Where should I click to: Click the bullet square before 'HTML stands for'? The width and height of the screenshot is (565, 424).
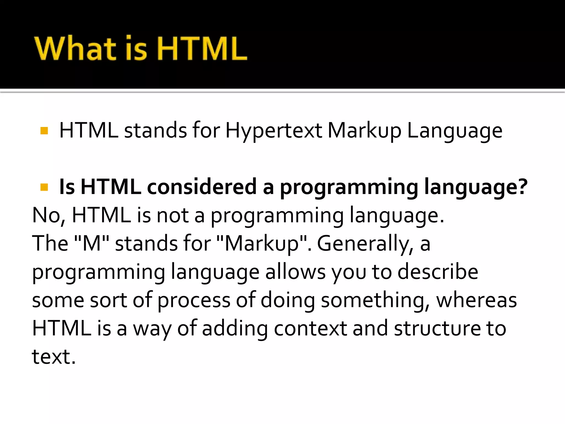(44, 131)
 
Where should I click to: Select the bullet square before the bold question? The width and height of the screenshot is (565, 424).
(44, 187)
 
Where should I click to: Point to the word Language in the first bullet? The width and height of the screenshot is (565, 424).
(455, 131)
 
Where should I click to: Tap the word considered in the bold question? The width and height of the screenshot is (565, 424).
(202, 187)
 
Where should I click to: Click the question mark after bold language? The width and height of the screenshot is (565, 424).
(522, 187)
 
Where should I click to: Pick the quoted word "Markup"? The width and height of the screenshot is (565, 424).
(262, 243)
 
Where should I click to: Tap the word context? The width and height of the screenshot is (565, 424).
(310, 328)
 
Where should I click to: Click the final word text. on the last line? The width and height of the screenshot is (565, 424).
(54, 357)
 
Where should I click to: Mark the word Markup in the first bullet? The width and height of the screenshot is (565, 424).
(364, 131)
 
